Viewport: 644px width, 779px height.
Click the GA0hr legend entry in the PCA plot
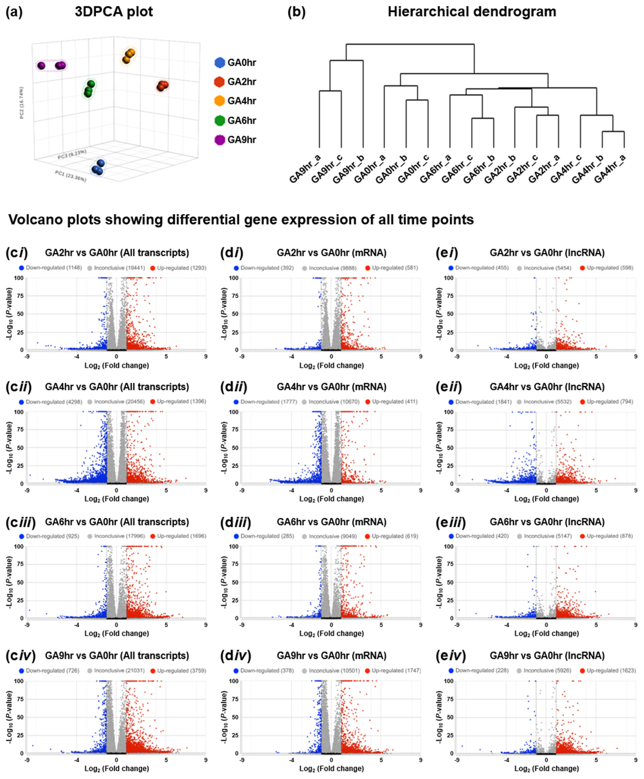[x=241, y=63]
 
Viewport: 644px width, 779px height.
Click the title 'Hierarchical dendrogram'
[x=472, y=12]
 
